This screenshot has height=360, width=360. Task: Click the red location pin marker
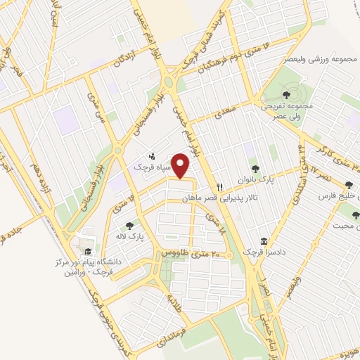click(x=181, y=166)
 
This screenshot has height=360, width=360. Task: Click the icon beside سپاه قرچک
click(x=151, y=156)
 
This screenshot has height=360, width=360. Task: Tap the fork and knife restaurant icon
click(x=220, y=187)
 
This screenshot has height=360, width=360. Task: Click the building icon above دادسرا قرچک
click(x=264, y=240)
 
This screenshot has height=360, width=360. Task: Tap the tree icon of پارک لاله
click(x=129, y=226)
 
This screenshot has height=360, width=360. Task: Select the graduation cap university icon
click(x=87, y=251)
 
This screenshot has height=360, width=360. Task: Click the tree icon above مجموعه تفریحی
click(x=285, y=95)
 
